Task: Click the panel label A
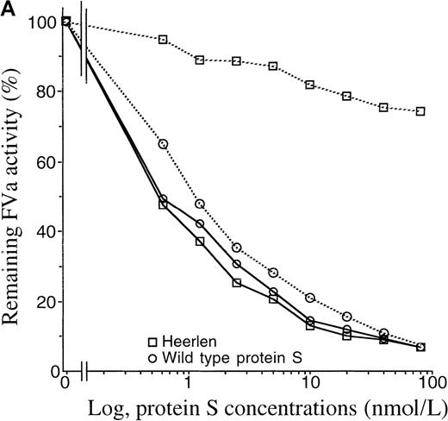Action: click(x=8, y=8)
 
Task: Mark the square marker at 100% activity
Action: click(x=66, y=22)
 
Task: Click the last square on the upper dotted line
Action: click(x=420, y=110)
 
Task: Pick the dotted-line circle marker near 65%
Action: click(x=163, y=144)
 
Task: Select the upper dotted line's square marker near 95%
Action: click(x=163, y=40)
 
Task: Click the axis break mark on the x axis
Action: click(x=84, y=373)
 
